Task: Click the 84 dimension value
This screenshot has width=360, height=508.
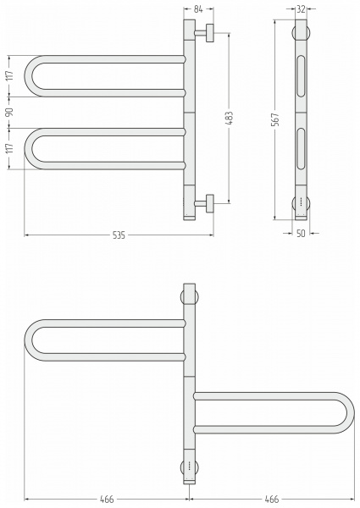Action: click(198, 9)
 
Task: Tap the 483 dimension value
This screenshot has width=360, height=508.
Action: click(229, 119)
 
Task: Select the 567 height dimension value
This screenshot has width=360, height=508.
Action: click(275, 119)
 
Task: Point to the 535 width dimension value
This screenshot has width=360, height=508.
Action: click(119, 235)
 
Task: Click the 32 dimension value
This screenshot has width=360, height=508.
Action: click(301, 9)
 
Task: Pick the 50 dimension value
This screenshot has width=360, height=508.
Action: click(301, 234)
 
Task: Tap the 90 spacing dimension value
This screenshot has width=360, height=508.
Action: click(9, 112)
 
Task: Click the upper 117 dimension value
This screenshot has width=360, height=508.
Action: click(9, 75)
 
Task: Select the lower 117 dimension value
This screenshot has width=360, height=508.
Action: click(9, 148)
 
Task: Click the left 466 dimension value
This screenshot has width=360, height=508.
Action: click(107, 500)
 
